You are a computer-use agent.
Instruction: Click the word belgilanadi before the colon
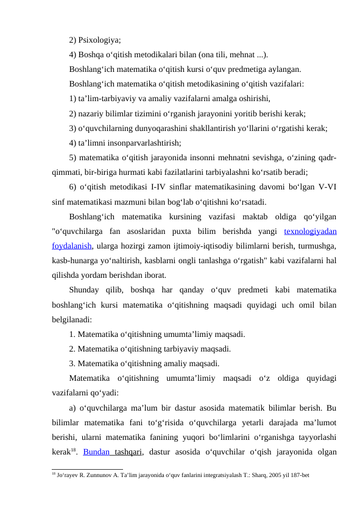coord(72,319)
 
